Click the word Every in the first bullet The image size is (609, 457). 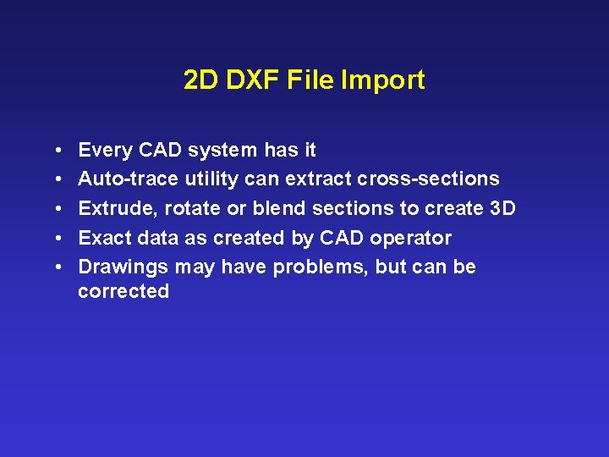(105, 151)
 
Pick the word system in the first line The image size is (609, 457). (223, 151)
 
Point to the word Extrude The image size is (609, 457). (117, 208)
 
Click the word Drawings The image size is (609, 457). (123, 267)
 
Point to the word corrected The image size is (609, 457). (123, 292)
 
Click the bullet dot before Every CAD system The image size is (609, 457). (54, 151)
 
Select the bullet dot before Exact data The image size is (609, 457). (54, 238)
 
